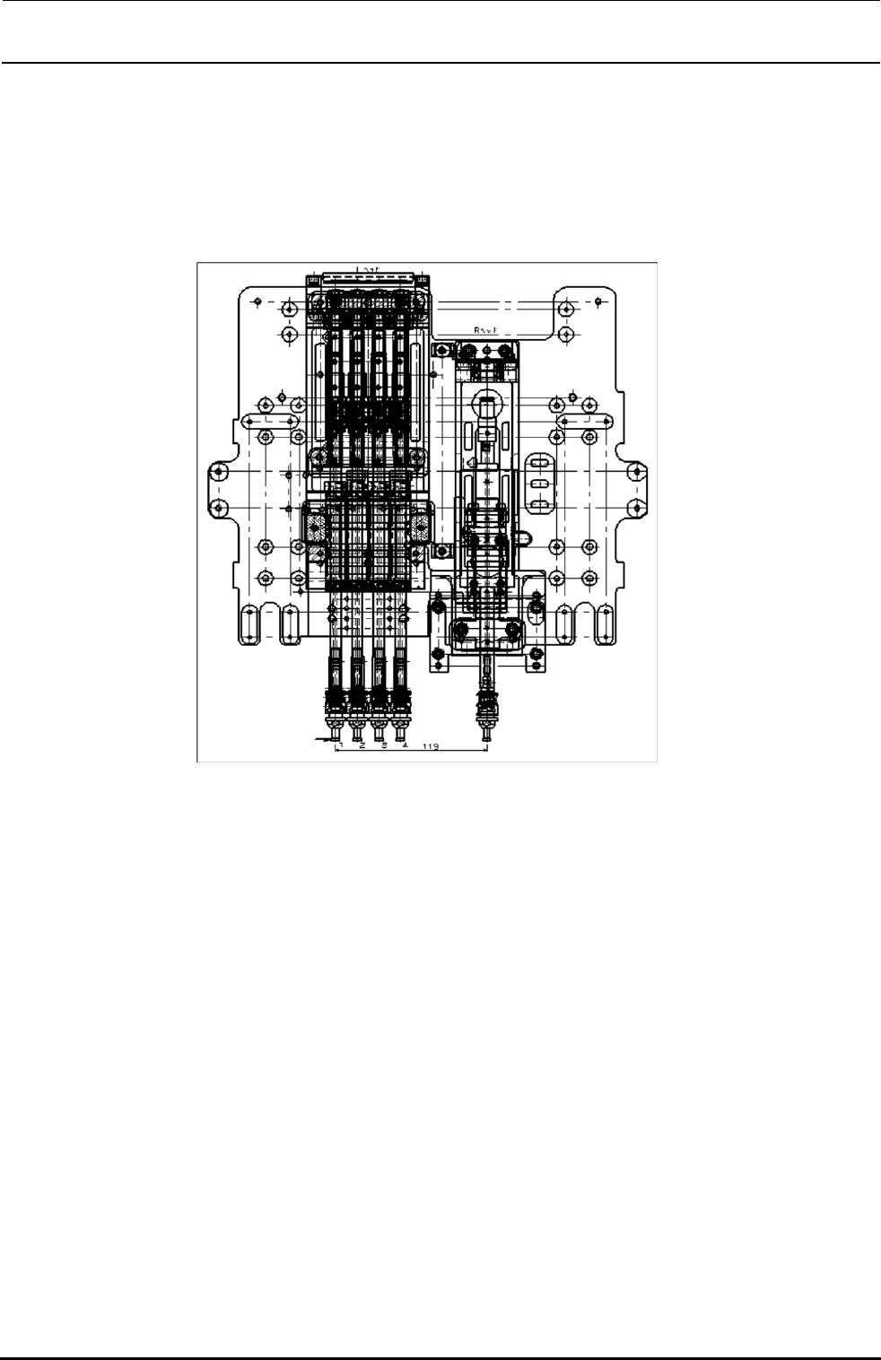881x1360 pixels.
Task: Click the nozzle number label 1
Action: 341,745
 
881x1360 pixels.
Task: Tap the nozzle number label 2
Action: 362,745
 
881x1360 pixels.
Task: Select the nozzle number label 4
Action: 405,745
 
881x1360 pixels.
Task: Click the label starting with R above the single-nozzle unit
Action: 485,330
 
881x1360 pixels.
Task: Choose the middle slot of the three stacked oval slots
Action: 538,484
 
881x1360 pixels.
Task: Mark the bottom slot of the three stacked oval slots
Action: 538,506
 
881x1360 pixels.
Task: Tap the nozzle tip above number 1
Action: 336,733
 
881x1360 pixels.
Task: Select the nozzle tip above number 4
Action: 401,733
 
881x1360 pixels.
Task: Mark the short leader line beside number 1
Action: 323,740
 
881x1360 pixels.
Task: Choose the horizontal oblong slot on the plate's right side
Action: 584,421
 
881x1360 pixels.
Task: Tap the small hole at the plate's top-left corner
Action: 257,301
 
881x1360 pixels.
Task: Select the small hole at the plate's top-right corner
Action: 598,301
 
